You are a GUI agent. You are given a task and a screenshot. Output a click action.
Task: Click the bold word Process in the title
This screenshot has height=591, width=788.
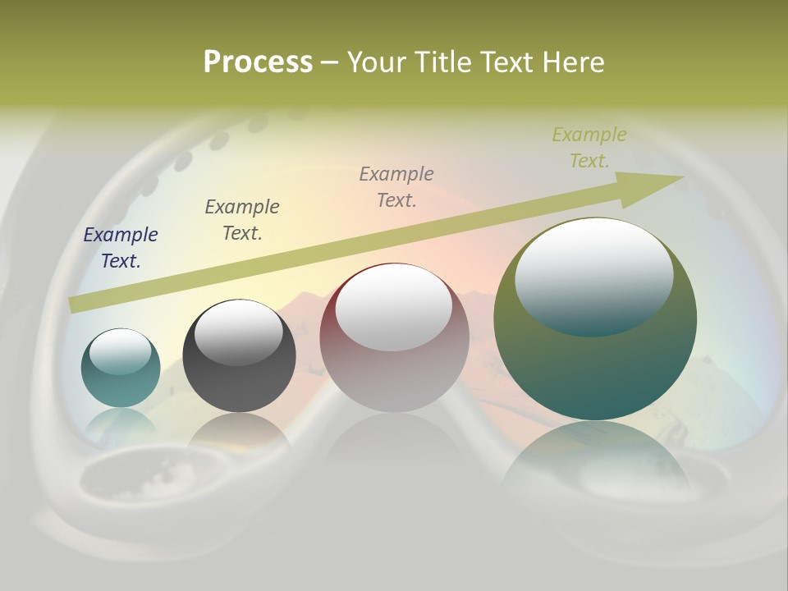tap(258, 62)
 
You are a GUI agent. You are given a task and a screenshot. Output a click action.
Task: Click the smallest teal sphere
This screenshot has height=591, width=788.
tap(121, 368)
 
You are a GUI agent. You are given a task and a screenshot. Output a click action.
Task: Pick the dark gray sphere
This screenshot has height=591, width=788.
tap(239, 356)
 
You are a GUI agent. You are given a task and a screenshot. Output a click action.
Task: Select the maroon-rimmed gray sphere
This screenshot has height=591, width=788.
tap(394, 338)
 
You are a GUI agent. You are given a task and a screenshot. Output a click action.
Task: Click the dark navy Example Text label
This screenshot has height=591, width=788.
tap(121, 248)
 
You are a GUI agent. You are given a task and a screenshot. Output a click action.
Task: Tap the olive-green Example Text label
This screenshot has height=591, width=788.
tap(589, 148)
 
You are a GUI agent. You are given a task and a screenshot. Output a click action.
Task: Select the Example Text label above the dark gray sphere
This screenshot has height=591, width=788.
tap(242, 219)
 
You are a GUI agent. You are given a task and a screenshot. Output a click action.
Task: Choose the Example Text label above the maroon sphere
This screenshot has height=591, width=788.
tap(396, 186)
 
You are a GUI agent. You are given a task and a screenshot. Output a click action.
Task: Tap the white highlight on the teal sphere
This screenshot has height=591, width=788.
tap(120, 351)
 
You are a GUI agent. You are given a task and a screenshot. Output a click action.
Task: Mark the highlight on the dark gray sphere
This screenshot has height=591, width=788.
tap(238, 332)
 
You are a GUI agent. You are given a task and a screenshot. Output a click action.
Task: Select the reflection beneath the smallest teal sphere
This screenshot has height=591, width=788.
tap(121, 423)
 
